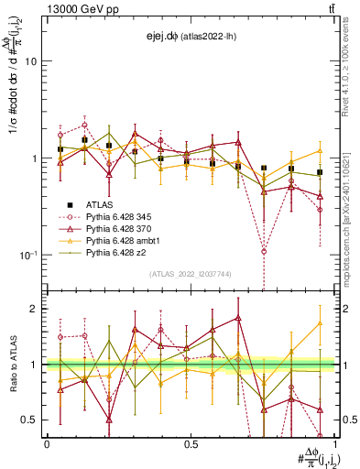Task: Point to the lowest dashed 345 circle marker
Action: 264,251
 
